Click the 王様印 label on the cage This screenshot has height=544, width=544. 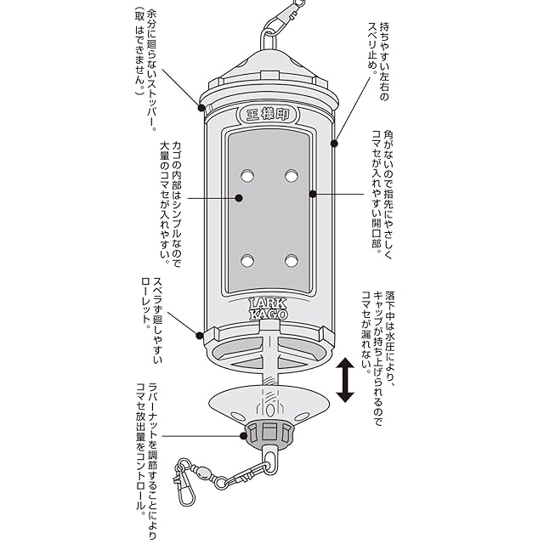pyautogui.click(x=268, y=115)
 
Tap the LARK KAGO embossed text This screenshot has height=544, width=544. pyautogui.click(x=269, y=309)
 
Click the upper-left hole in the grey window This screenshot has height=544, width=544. pyautogui.click(x=247, y=176)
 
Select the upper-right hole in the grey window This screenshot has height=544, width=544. pyautogui.click(x=291, y=176)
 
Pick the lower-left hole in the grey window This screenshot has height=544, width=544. pyautogui.click(x=247, y=261)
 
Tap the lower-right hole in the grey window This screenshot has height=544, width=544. pyautogui.click(x=291, y=261)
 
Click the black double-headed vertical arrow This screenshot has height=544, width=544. pyautogui.click(x=345, y=380)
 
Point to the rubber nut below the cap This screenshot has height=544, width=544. pyautogui.click(x=269, y=434)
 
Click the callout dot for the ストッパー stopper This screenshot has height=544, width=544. pyautogui.click(x=201, y=108)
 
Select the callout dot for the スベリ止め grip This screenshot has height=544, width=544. pyautogui.click(x=334, y=144)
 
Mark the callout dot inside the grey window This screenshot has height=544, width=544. pyautogui.click(x=239, y=198)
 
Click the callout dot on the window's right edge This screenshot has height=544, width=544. pyautogui.click(x=313, y=194)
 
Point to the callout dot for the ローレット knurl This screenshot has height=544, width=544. pyautogui.click(x=200, y=336)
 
